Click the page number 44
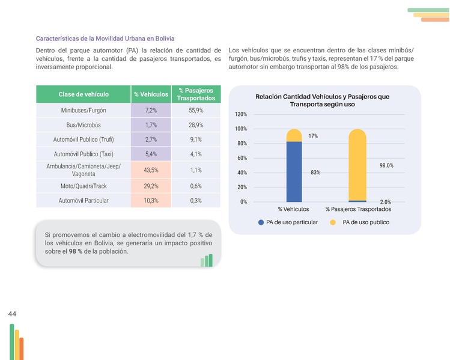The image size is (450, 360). tap(12, 314)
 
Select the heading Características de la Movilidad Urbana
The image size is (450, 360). tap(105, 38)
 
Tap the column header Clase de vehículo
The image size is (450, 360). tap(84, 94)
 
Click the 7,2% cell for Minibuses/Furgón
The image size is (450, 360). tap(151, 111)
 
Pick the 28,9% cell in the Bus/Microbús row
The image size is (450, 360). tap(196, 126)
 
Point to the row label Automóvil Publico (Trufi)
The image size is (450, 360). tap(84, 140)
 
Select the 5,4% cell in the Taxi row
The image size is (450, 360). tap(151, 154)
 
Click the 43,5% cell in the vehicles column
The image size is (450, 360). tap(151, 170)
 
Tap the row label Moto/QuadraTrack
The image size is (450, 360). tap(84, 186)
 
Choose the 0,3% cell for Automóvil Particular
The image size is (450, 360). tap(196, 201)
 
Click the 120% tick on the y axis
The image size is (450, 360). tap(240, 115)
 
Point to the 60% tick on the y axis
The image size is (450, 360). tap(242, 158)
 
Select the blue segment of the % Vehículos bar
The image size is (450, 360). tap(294, 171)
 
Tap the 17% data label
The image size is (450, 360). tap(313, 136)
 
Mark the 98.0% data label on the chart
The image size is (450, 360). tap(386, 165)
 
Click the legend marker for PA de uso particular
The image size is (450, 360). tap(261, 222)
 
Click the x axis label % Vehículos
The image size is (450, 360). tap(294, 209)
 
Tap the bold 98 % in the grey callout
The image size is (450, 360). tap(76, 251)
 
